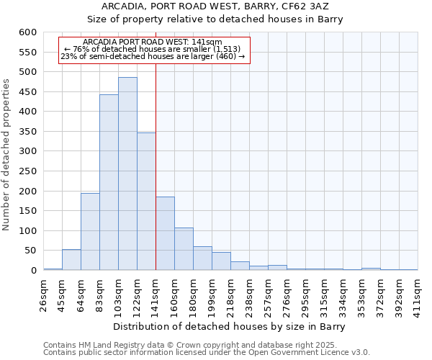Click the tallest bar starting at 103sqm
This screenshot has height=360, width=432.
(127, 174)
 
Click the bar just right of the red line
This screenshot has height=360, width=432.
(165, 233)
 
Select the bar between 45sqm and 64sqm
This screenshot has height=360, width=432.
(71, 260)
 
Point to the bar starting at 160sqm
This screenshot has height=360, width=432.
(184, 249)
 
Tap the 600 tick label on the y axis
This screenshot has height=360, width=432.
(27, 32)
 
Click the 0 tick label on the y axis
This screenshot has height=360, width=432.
(33, 271)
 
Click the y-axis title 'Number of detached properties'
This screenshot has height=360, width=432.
(6, 156)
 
